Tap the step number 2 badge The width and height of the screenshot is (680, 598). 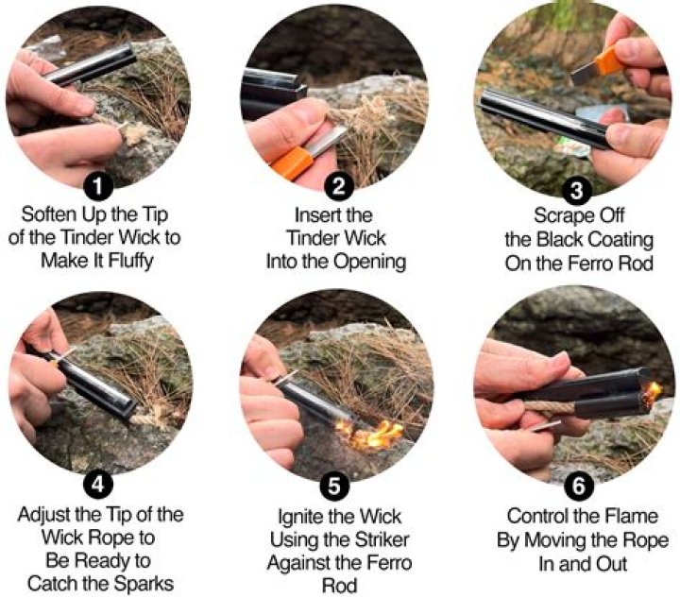(339, 186)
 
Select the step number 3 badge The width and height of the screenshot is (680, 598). (576, 191)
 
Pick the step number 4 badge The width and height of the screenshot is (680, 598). (98, 484)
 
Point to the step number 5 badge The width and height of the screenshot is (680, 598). (334, 486)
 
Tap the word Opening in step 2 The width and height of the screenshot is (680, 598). (369, 263)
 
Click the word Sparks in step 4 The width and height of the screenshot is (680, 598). (142, 584)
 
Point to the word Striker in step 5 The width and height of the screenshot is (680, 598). (382, 540)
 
